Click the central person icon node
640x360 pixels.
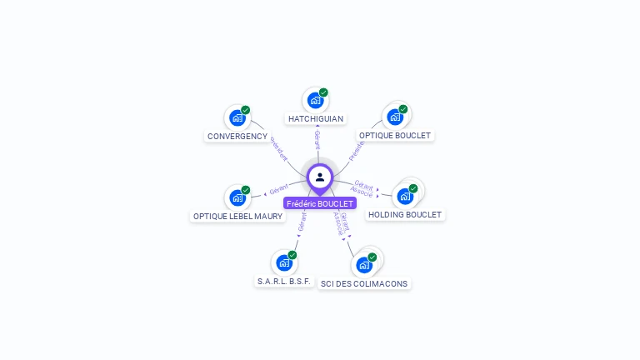320,177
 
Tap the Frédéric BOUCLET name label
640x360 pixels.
320,203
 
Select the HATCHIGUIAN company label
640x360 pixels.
316,119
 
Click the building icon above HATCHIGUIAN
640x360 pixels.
315,101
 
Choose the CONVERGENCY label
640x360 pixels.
237,136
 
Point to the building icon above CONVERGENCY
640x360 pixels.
237,118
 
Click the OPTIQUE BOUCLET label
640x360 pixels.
396,135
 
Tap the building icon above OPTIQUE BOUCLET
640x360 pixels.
395,117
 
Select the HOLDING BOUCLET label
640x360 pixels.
405,214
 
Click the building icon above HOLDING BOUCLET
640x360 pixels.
405,197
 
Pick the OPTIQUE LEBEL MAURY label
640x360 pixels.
238,216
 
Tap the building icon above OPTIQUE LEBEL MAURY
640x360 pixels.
237,198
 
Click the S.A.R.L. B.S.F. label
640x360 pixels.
284,282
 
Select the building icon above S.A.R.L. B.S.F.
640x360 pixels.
284,263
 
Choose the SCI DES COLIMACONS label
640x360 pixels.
364,283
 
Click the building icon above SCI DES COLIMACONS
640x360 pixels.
364,266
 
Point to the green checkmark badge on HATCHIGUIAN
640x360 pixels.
323,92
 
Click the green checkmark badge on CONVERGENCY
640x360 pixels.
246,110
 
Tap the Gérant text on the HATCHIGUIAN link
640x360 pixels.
317,139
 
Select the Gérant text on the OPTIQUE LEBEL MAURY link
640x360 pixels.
278,189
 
